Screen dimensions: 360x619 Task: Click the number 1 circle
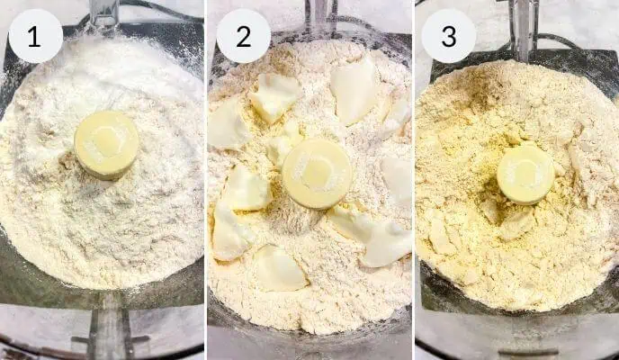tap(35, 36)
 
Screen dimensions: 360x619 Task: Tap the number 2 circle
tap(243, 36)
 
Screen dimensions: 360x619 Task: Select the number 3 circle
tap(448, 36)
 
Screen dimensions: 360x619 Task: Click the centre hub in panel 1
tap(106, 143)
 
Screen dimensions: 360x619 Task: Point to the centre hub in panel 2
tap(317, 173)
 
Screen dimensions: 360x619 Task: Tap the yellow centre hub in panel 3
tap(525, 173)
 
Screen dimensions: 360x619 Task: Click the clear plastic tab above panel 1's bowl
tap(104, 11)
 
